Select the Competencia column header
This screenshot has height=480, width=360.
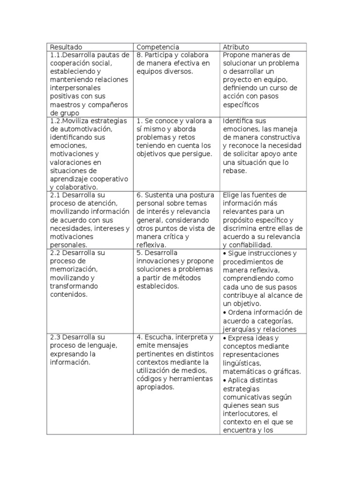pos(157,47)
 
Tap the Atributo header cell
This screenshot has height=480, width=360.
pos(236,47)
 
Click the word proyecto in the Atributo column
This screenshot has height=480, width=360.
pos(238,79)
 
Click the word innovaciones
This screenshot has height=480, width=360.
pos(157,261)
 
